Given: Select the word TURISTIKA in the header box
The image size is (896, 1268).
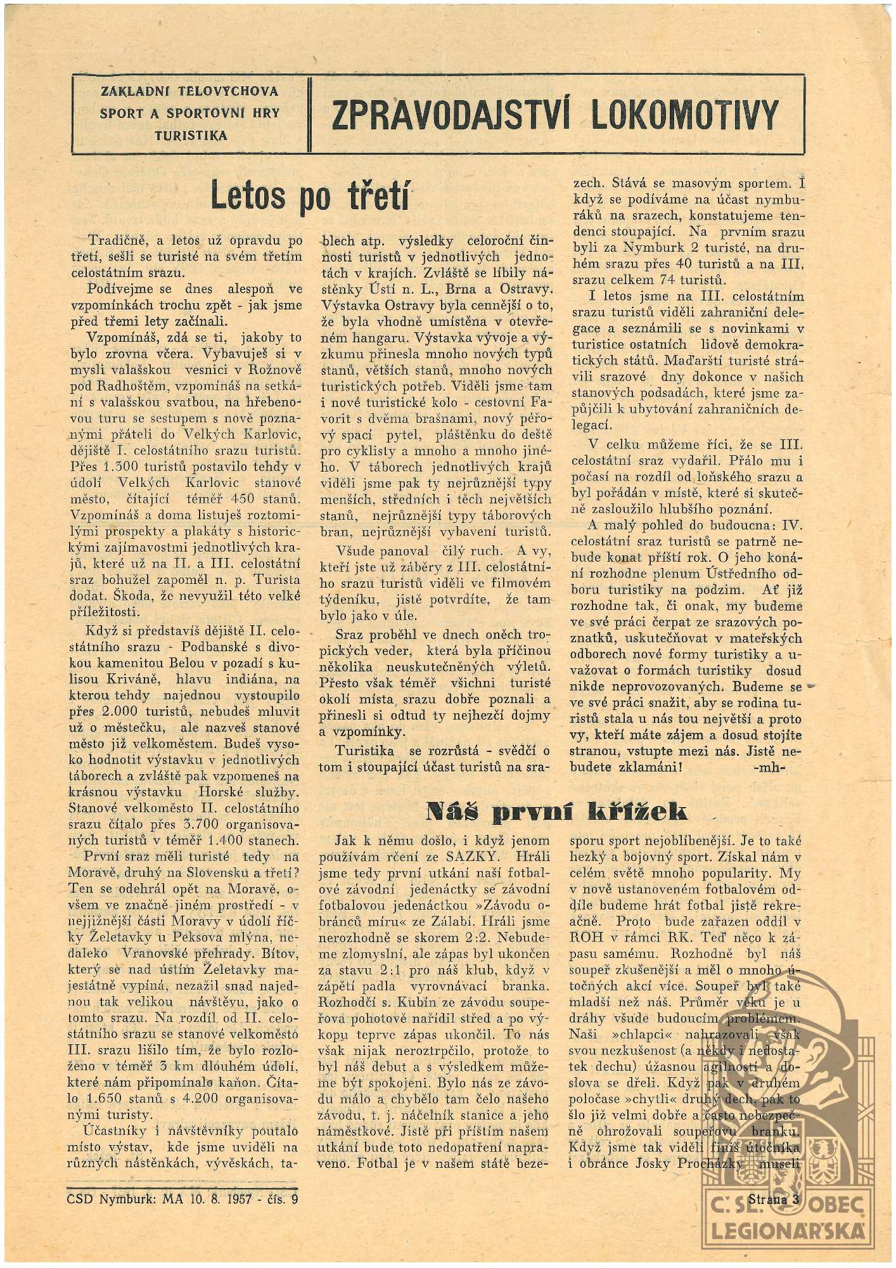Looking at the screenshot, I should point(189,135).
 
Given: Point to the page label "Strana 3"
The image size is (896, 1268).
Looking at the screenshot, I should point(773,1199).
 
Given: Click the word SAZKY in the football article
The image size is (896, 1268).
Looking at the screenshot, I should point(481,857).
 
